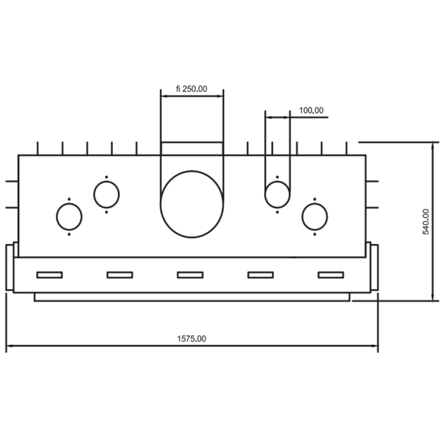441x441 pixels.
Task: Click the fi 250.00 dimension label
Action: point(191,89)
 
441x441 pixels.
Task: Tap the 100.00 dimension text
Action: point(311,110)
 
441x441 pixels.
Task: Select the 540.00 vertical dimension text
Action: point(426,222)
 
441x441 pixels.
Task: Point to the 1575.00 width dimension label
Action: point(191,339)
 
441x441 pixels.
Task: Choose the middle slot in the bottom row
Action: point(190,275)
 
